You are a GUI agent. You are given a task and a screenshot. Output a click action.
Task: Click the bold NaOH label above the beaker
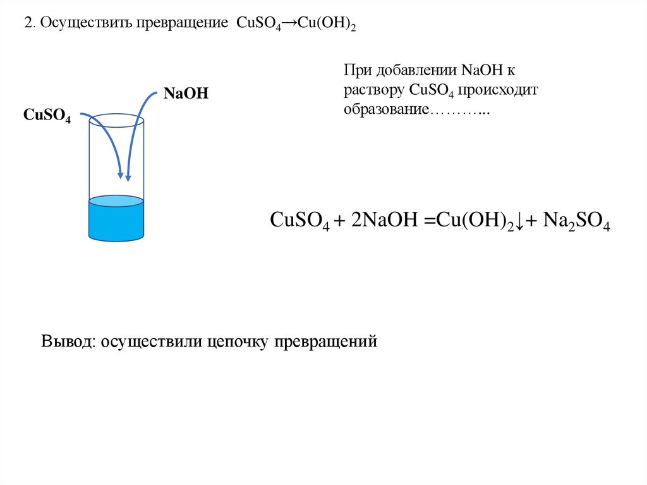coord(186,94)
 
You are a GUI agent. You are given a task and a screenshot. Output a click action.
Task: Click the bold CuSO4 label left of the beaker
coord(47,115)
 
